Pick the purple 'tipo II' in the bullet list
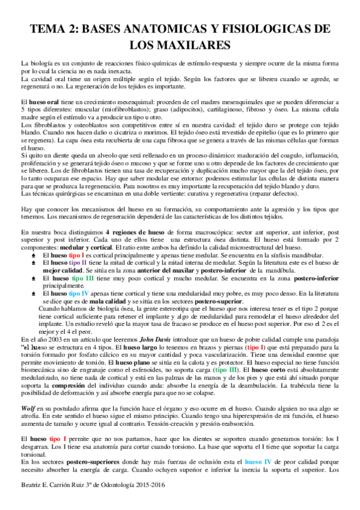click(76, 263)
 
